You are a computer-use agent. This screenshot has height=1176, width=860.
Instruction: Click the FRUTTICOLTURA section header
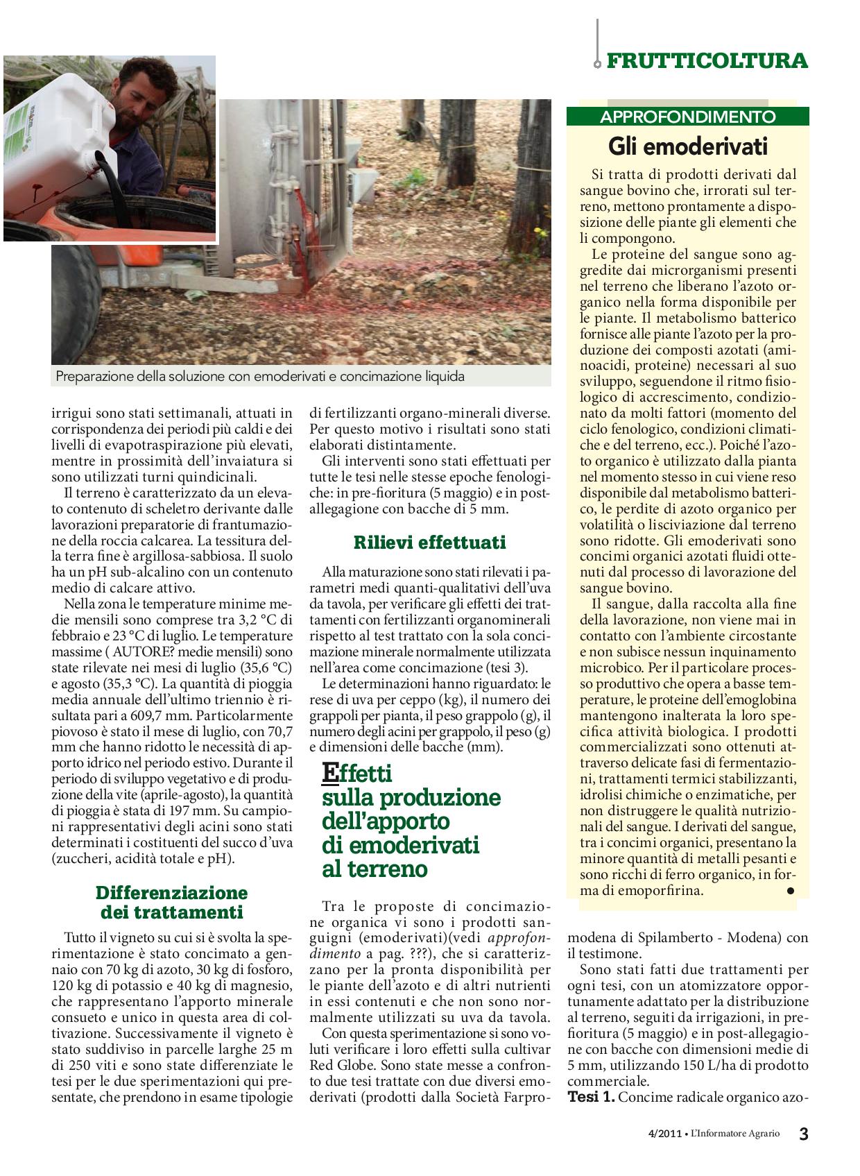(x=707, y=60)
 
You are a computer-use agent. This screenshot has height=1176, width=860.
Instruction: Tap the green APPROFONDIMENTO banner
(x=687, y=117)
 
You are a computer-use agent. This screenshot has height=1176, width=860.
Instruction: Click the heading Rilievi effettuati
(x=429, y=542)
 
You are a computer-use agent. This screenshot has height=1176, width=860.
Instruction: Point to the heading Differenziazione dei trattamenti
(x=171, y=902)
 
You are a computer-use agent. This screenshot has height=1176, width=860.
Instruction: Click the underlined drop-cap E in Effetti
(x=332, y=773)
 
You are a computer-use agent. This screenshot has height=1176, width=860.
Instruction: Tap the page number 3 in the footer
(x=803, y=1134)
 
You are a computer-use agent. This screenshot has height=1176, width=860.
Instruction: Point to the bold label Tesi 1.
(x=590, y=1097)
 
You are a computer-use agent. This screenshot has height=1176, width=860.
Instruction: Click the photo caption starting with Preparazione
(x=260, y=377)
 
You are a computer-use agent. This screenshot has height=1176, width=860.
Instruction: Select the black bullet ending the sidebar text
(x=790, y=890)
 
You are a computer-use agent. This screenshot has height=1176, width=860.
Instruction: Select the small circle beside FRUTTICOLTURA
(x=596, y=64)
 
